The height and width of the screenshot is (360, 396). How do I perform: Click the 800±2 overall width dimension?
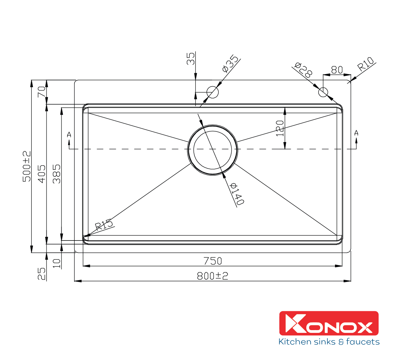coord(212,276)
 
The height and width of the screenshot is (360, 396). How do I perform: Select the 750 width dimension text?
coord(213,261)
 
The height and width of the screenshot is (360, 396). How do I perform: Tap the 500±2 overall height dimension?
coord(27,166)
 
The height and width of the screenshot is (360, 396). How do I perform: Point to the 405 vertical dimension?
coord(42,174)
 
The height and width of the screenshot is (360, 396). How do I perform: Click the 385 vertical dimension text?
coord(57,174)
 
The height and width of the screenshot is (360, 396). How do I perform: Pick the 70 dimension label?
coord(42,92)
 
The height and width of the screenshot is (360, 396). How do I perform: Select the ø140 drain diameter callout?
coord(237,194)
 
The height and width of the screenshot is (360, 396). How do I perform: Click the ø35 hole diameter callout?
coord(230,63)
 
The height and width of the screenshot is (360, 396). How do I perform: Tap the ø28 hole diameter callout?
coord(303,70)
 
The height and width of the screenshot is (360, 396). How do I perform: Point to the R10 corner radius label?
coord(365,64)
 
